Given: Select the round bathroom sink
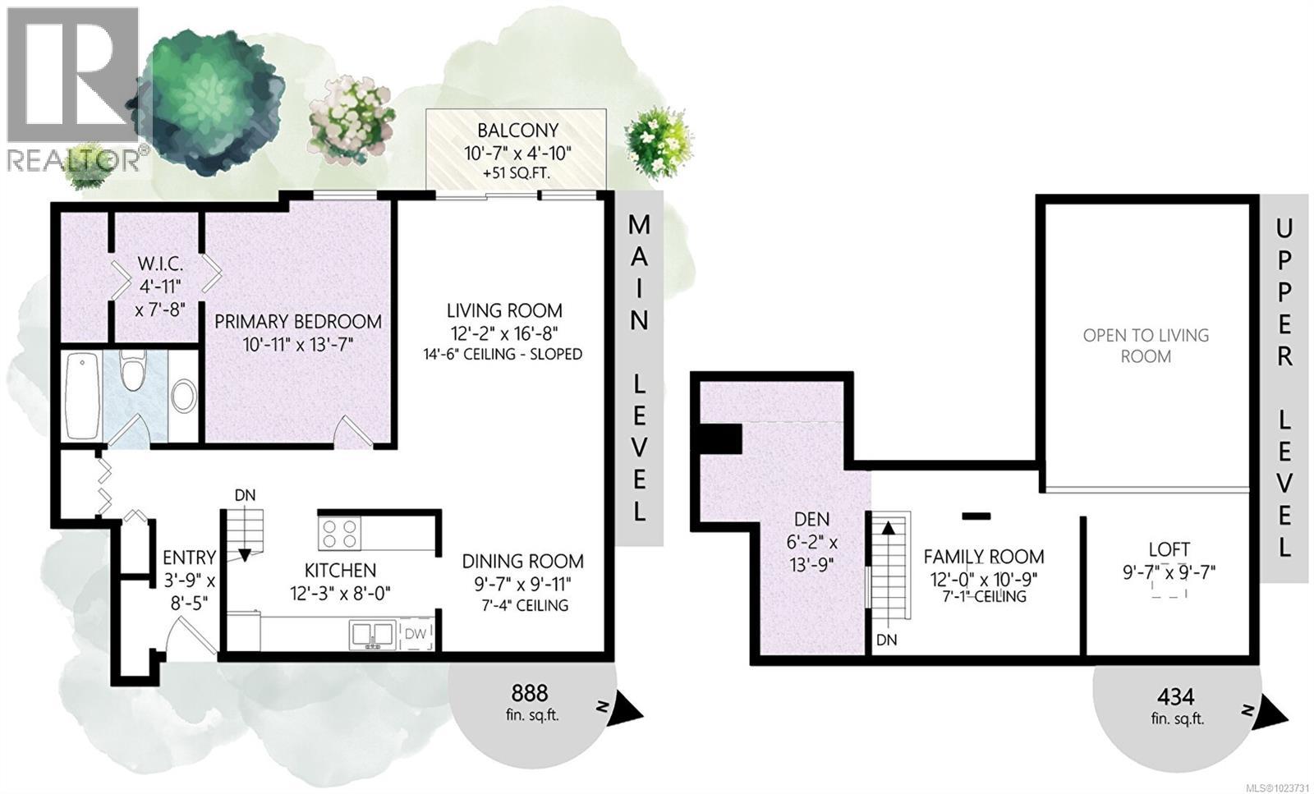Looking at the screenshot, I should pyautogui.click(x=183, y=397).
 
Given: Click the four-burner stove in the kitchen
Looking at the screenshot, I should pyautogui.click(x=340, y=533).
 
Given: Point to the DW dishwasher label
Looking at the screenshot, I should pyautogui.click(x=416, y=633).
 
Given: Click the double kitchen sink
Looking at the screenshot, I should pyautogui.click(x=371, y=634).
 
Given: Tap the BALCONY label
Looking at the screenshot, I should pyautogui.click(x=517, y=130).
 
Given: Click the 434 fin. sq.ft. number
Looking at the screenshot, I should pyautogui.click(x=1175, y=696).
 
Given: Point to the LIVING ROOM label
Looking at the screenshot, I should pyautogui.click(x=504, y=310).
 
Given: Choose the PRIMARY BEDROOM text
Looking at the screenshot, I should pyautogui.click(x=297, y=321).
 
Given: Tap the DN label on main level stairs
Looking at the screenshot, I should pyautogui.click(x=245, y=495).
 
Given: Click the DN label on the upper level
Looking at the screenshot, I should pyautogui.click(x=886, y=639).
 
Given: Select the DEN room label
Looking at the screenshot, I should pyautogui.click(x=811, y=519).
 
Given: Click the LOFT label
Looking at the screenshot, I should pyautogui.click(x=1169, y=549).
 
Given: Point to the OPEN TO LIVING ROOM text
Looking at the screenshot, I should pyautogui.click(x=1146, y=345).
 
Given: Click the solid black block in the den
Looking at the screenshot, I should pyautogui.click(x=719, y=438).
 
